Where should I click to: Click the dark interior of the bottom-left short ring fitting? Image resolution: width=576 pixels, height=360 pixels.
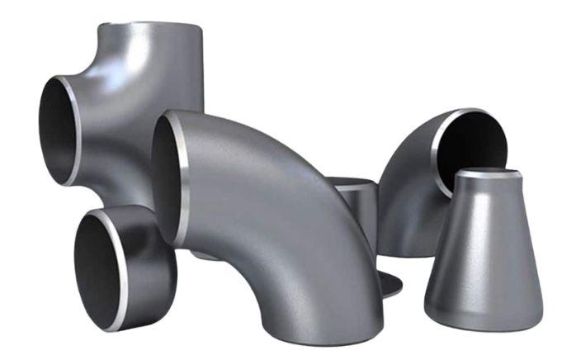[97, 264]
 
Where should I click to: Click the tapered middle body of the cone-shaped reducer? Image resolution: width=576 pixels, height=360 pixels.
[484, 248]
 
